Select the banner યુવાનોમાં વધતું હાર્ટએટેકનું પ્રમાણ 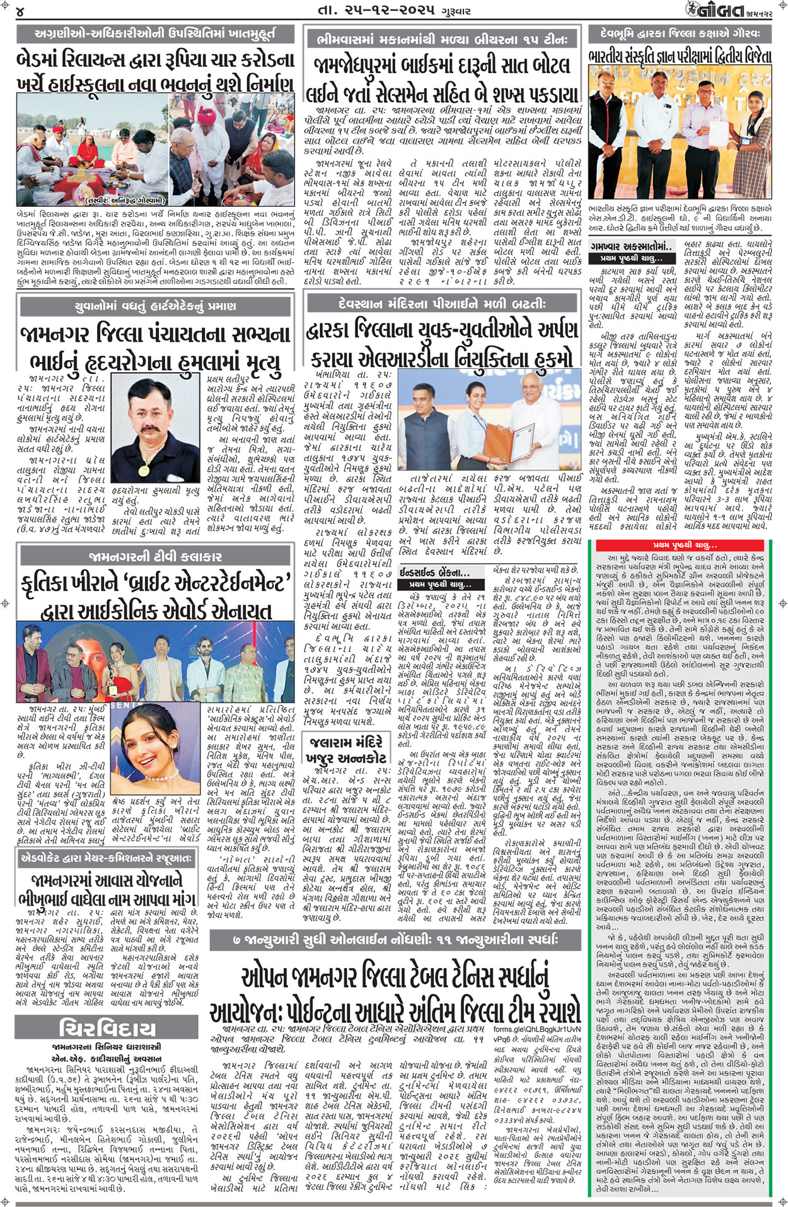[x=155, y=306]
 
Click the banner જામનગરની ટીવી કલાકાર [x=155, y=556]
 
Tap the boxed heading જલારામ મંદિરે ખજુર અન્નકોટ [x=346, y=749]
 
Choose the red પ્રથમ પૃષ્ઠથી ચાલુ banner [x=685, y=545]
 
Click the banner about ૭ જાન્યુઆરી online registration [x=395, y=940]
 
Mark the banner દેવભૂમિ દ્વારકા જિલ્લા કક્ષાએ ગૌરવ [x=680, y=33]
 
